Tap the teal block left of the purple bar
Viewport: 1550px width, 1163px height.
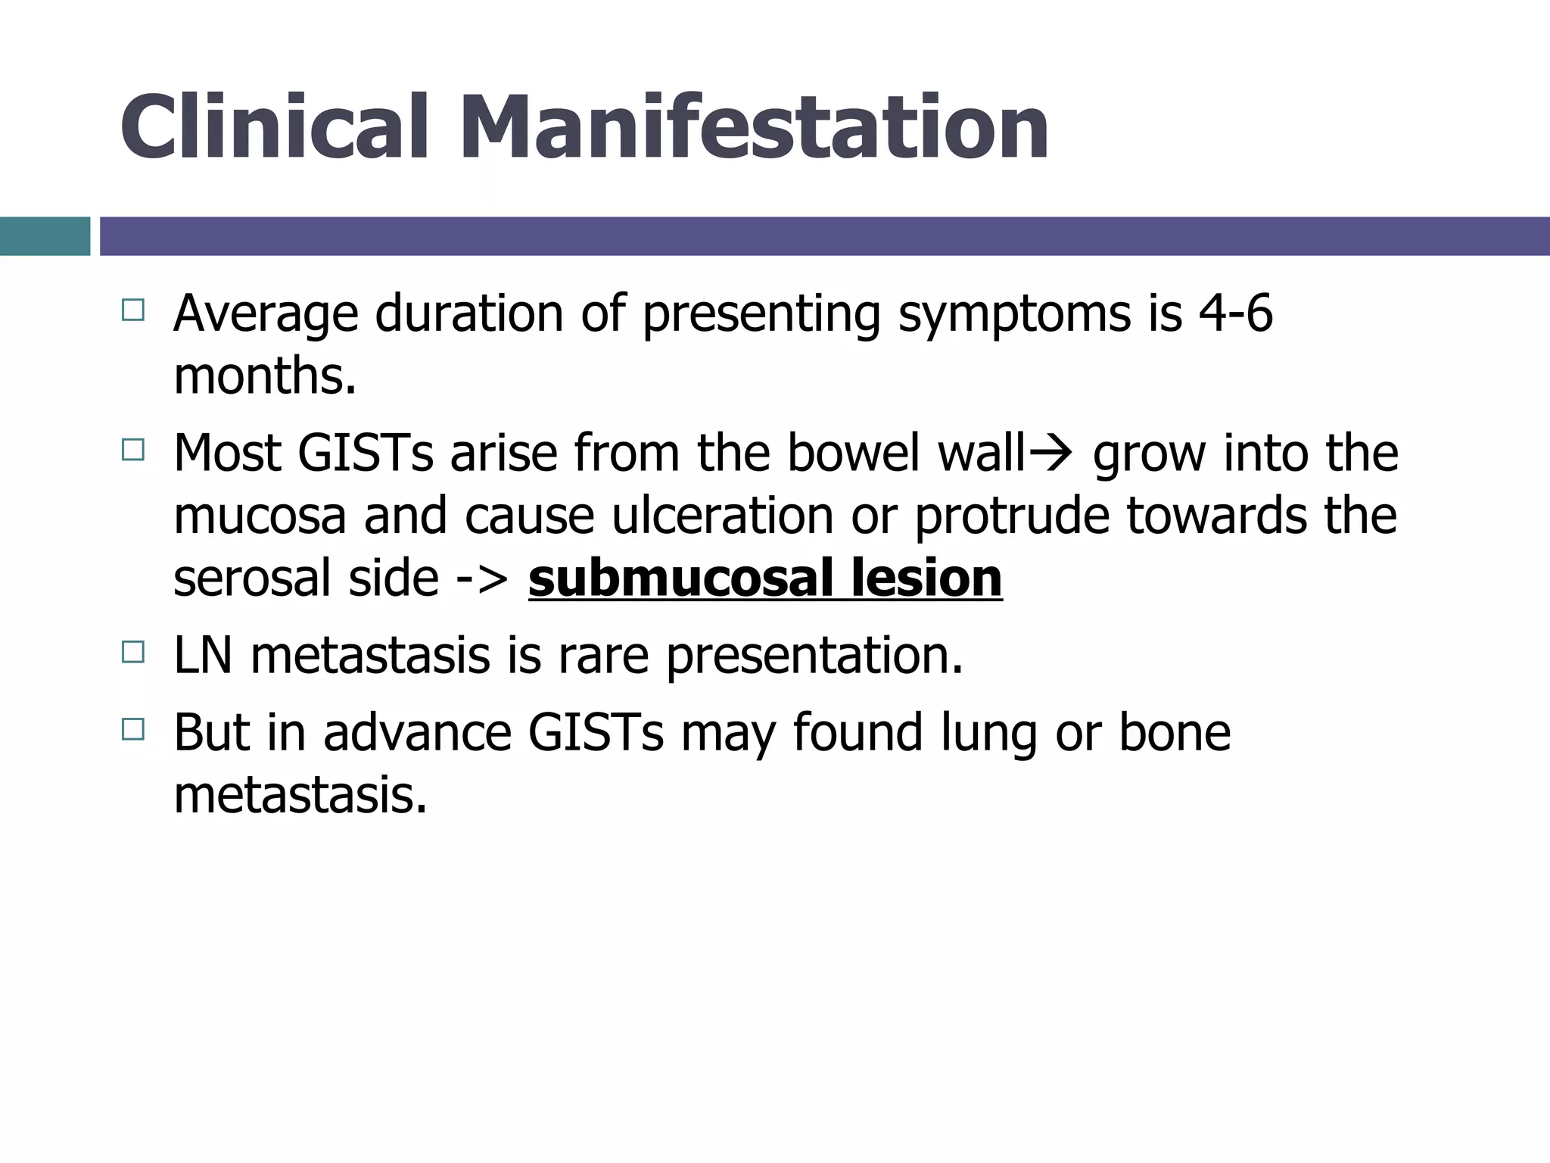[x=45, y=236]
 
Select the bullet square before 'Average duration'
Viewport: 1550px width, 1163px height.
[x=132, y=310]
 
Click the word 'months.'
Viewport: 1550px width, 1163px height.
[x=265, y=376]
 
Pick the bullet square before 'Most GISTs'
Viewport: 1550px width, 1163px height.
[x=132, y=451]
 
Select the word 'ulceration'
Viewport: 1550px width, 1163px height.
[x=722, y=515]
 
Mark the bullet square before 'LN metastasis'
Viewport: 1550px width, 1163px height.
[x=132, y=652]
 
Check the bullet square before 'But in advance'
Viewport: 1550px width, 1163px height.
[x=132, y=729]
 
